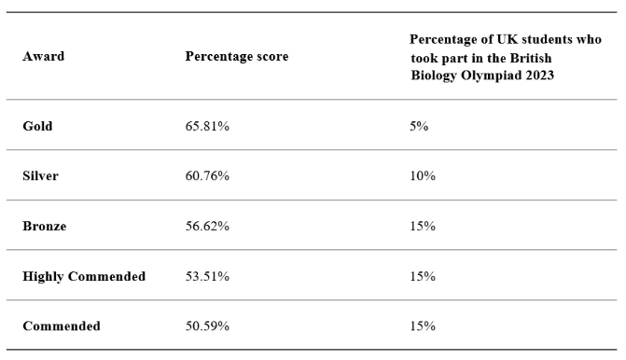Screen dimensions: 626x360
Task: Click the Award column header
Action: (x=43, y=56)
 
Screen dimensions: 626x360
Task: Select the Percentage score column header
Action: (x=237, y=57)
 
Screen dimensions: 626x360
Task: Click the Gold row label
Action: (x=37, y=126)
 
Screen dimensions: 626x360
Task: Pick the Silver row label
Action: (x=40, y=176)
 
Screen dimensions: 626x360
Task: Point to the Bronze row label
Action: (x=45, y=227)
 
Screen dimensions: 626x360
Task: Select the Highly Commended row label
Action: (x=84, y=277)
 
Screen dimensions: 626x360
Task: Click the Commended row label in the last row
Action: (x=62, y=326)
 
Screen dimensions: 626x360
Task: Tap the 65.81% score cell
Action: (x=207, y=126)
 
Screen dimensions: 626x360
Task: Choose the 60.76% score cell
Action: (x=207, y=176)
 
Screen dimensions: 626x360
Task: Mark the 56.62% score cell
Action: (x=207, y=227)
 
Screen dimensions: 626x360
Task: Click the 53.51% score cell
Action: (x=207, y=277)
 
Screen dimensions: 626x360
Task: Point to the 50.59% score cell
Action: (x=207, y=326)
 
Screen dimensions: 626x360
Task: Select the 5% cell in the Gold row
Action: (x=419, y=126)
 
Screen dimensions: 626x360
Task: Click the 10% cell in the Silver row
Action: (x=423, y=176)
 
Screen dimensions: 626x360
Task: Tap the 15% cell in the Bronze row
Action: (x=423, y=227)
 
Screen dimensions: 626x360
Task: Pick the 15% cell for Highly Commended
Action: (x=423, y=277)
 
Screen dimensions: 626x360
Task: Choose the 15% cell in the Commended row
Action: (x=423, y=326)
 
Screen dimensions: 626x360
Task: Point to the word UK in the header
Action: (x=506, y=39)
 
